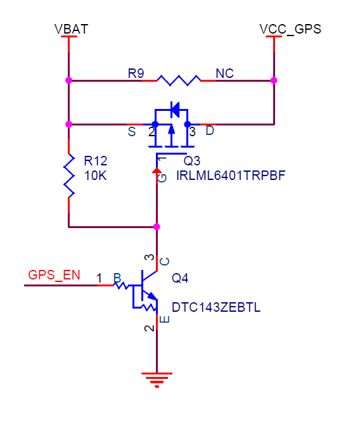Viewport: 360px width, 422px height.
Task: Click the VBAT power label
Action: (71, 29)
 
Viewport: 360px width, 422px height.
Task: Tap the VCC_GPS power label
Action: (290, 30)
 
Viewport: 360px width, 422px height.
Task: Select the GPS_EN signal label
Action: (54, 276)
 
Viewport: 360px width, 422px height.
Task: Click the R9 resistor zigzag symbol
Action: (179, 80)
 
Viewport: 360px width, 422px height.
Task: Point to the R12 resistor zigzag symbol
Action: (69, 176)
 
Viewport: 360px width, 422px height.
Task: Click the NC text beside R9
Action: (224, 74)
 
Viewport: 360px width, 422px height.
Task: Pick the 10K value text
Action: (95, 176)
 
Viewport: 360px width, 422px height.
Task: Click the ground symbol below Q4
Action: (157, 380)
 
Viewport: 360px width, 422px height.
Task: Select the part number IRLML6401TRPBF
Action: (231, 176)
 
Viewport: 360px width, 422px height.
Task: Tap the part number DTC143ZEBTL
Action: (216, 307)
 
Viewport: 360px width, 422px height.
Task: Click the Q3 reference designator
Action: (191, 161)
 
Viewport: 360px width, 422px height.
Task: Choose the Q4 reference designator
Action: (180, 278)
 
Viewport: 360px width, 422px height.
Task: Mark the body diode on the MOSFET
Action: (175, 110)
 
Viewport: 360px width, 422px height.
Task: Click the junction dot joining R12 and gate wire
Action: (157, 227)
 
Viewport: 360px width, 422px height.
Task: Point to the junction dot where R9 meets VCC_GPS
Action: (274, 80)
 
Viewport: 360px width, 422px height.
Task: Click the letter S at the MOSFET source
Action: (132, 132)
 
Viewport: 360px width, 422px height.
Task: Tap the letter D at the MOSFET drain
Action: (210, 131)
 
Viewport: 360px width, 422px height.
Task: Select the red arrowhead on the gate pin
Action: (157, 170)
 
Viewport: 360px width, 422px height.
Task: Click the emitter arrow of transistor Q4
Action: (152, 296)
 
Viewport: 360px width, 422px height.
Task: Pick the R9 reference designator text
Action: (136, 74)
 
